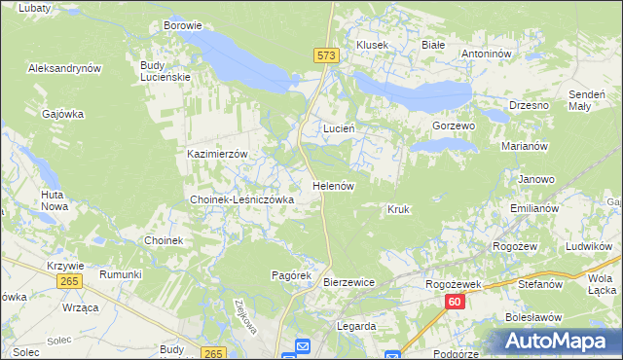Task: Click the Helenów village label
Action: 332,185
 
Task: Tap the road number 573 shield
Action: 327,57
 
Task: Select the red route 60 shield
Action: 455,303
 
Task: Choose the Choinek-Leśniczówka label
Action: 241,199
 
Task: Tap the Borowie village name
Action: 183,25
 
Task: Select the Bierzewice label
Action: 348,282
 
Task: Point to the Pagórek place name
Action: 290,275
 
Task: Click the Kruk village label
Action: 397,209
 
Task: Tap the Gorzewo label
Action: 453,126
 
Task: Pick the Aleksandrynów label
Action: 65,69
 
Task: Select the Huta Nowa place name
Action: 53,200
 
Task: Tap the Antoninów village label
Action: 487,54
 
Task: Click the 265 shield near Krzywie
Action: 68,280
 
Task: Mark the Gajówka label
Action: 63,114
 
